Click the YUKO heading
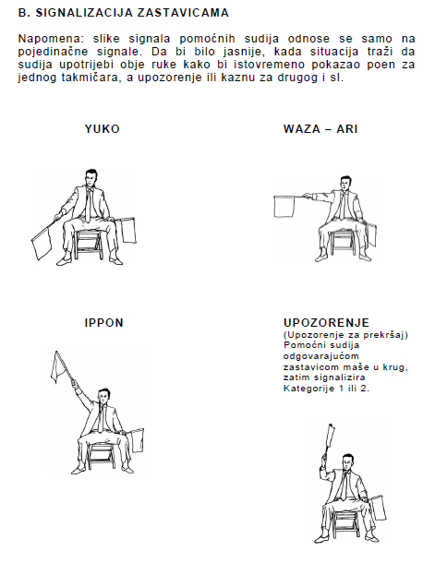[102, 129]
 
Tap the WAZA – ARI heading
[320, 129]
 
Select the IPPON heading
[104, 323]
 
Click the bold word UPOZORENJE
[326, 323]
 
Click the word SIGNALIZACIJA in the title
[84, 13]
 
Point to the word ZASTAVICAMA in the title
[183, 13]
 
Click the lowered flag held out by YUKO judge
[42, 243]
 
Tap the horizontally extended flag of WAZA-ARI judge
[284, 207]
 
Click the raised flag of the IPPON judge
[58, 367]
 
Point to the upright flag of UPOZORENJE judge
[330, 436]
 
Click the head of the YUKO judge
[91, 178]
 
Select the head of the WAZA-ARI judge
[345, 184]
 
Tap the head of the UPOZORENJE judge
[347, 461]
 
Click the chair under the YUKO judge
[88, 244]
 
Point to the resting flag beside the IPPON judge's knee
[137, 440]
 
